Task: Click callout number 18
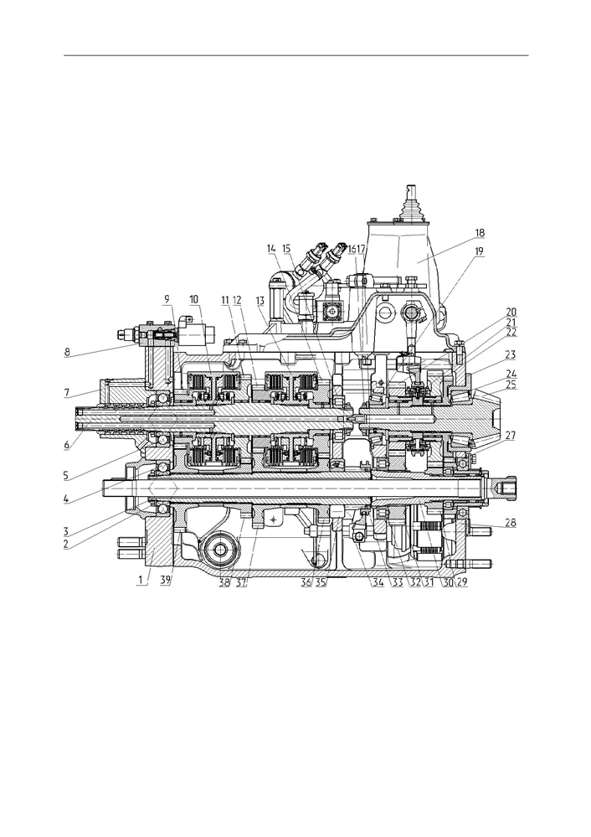[480, 233]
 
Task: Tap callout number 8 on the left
[67, 352]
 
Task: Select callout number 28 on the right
[511, 523]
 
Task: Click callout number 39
[167, 581]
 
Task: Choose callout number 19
[479, 251]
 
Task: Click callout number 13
[260, 301]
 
